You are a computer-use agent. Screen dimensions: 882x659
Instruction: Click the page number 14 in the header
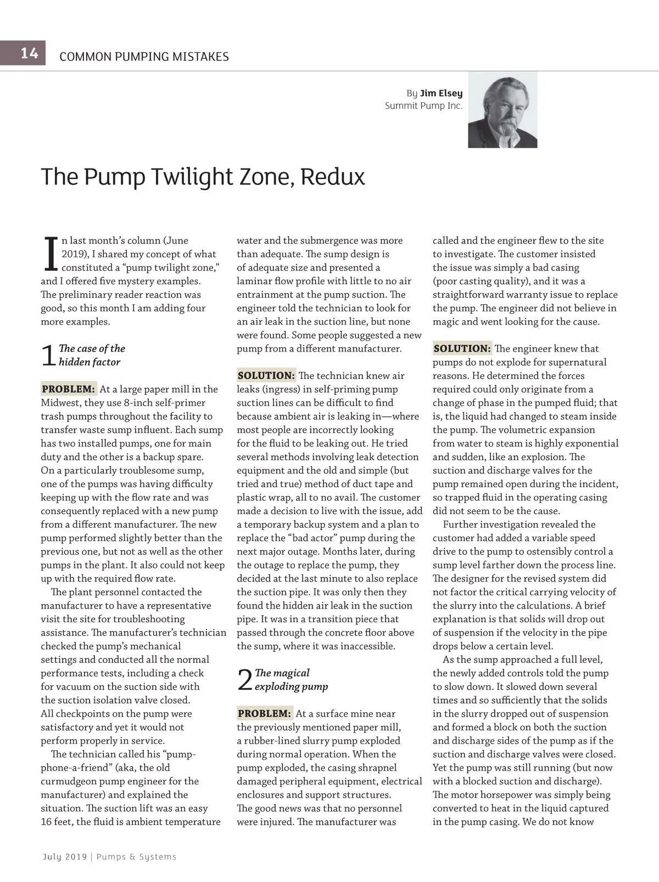[x=29, y=53]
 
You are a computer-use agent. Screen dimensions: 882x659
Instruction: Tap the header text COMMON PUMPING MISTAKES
[x=144, y=57]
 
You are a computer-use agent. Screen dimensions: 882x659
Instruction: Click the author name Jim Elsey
[x=441, y=93]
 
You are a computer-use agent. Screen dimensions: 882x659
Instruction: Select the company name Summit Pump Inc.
[x=423, y=106]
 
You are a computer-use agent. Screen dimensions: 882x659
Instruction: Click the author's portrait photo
[x=502, y=110]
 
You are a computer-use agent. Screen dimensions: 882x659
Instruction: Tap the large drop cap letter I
[x=50, y=254]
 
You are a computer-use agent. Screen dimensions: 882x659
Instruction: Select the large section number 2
[x=245, y=680]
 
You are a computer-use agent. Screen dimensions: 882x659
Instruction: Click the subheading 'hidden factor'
[x=90, y=362]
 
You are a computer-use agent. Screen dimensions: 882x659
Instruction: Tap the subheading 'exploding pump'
[x=291, y=686]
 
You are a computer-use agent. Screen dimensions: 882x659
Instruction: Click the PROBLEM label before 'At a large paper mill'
[x=69, y=389]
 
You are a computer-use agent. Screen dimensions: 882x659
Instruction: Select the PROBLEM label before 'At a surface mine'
[x=264, y=713]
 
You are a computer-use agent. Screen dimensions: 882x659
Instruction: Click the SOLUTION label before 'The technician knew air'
[x=266, y=376]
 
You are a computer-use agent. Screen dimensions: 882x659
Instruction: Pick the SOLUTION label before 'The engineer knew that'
[x=462, y=348]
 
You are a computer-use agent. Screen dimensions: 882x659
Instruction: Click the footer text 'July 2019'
[x=64, y=857]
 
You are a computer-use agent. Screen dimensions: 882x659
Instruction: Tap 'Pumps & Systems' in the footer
[x=136, y=857]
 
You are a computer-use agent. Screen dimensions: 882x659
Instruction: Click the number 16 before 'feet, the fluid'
[x=47, y=822]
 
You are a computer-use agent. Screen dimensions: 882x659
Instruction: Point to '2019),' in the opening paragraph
[x=75, y=254]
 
